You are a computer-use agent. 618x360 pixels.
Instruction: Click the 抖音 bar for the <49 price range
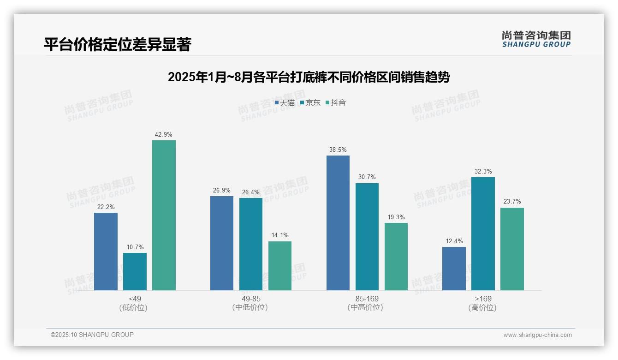164,215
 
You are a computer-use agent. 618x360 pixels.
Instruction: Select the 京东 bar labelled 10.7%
135,271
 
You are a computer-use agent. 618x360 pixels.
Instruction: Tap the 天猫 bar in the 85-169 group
338,223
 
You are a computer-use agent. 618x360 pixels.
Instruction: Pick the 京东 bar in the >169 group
483,234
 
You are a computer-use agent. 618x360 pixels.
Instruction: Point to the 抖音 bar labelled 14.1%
280,266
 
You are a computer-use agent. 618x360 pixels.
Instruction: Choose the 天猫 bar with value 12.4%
454,269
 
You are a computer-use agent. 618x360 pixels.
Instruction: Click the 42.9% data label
164,135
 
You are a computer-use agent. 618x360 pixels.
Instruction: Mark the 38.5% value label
338,150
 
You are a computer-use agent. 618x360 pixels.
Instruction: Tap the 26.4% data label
251,192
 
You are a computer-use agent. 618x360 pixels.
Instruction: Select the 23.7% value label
512,202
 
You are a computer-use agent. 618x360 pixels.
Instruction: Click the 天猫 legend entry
285,103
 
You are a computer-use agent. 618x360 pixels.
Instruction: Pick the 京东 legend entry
310,103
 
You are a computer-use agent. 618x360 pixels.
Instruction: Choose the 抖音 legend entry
336,103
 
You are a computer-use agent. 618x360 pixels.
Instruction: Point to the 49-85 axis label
251,299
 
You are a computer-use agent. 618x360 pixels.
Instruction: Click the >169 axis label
482,299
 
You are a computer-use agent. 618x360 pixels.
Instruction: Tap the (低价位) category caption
134,307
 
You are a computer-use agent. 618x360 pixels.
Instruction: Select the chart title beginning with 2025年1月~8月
309,77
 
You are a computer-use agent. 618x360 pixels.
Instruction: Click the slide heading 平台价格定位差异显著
118,44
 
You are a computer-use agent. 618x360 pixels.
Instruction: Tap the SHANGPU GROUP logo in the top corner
536,39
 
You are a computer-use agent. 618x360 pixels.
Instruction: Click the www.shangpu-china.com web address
537,335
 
